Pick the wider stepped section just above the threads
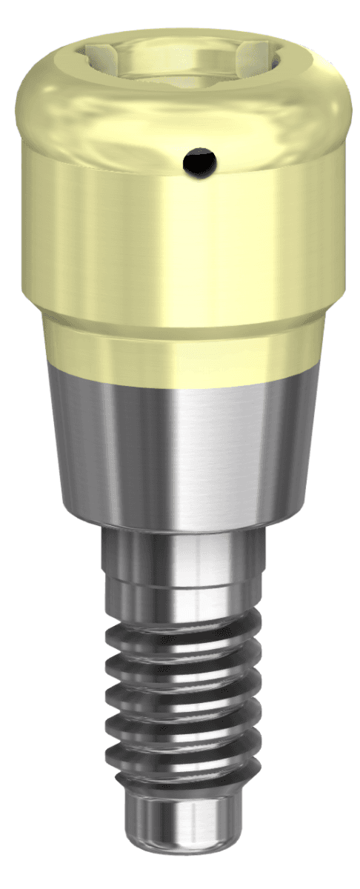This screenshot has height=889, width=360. click(181, 593)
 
